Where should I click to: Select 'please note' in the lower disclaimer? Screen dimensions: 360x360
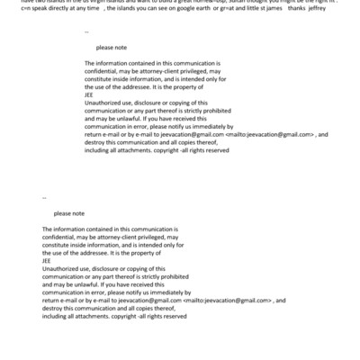click(69, 213)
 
